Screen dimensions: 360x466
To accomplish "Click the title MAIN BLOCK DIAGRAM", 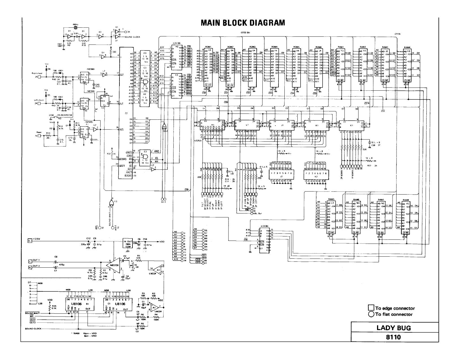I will coord(243,23).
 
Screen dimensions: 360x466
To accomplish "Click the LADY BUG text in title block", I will coord(394,328).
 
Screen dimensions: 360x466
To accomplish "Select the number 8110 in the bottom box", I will coord(394,337).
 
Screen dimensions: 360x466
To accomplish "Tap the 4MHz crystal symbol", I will coord(75,28).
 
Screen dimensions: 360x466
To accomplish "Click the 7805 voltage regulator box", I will coord(129,243).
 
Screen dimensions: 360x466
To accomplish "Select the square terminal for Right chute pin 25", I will coord(39,77).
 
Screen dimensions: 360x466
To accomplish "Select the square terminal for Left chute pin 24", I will coord(39,103).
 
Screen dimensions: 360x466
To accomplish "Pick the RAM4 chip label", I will coord(407,47).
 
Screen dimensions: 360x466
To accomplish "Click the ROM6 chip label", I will coord(319,47).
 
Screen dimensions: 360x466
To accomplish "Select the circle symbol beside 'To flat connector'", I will coord(371,314).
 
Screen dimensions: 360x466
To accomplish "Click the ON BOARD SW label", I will coord(65,115).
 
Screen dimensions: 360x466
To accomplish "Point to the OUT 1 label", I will coord(36,260).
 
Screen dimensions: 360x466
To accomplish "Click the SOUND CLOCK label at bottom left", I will coord(33,329).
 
